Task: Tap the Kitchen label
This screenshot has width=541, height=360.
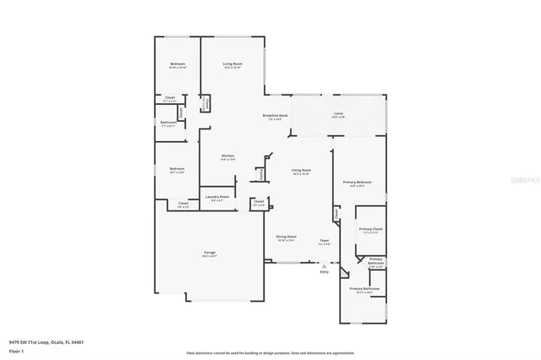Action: pyautogui.click(x=227, y=156)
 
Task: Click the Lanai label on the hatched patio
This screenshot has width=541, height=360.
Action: pyautogui.click(x=338, y=115)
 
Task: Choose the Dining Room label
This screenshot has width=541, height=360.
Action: pyautogui.click(x=286, y=237)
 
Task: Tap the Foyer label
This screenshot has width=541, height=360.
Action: pyautogui.click(x=324, y=243)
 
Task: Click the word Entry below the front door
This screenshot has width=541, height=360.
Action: pyautogui.click(x=324, y=271)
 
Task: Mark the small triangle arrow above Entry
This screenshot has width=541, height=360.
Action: pyautogui.click(x=324, y=264)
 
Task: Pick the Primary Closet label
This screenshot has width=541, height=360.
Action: pyautogui.click(x=370, y=231)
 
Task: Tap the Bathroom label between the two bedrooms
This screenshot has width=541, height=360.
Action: pyautogui.click(x=168, y=123)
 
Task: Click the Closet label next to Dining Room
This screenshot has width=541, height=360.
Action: pyautogui.click(x=260, y=203)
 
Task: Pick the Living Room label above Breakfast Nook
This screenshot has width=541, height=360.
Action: pyautogui.click(x=232, y=65)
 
